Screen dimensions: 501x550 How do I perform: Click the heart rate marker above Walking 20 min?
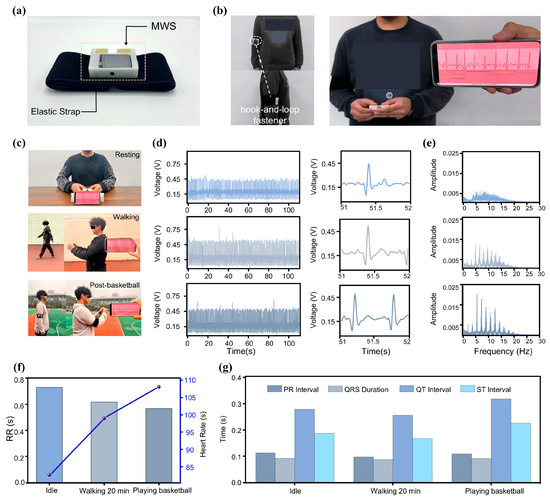coord(103,418)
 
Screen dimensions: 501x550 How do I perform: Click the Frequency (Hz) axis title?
coord(483,354)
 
